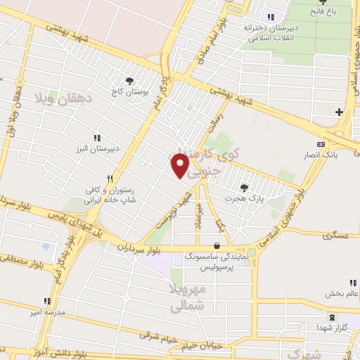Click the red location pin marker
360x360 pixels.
(180, 166)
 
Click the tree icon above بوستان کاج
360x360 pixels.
(129, 82)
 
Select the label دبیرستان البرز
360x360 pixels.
(97, 150)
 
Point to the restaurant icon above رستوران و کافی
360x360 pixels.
(109, 179)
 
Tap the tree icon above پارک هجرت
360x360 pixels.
(244, 188)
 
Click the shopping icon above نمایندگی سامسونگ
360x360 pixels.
(216, 246)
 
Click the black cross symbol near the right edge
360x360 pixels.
(339, 112)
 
